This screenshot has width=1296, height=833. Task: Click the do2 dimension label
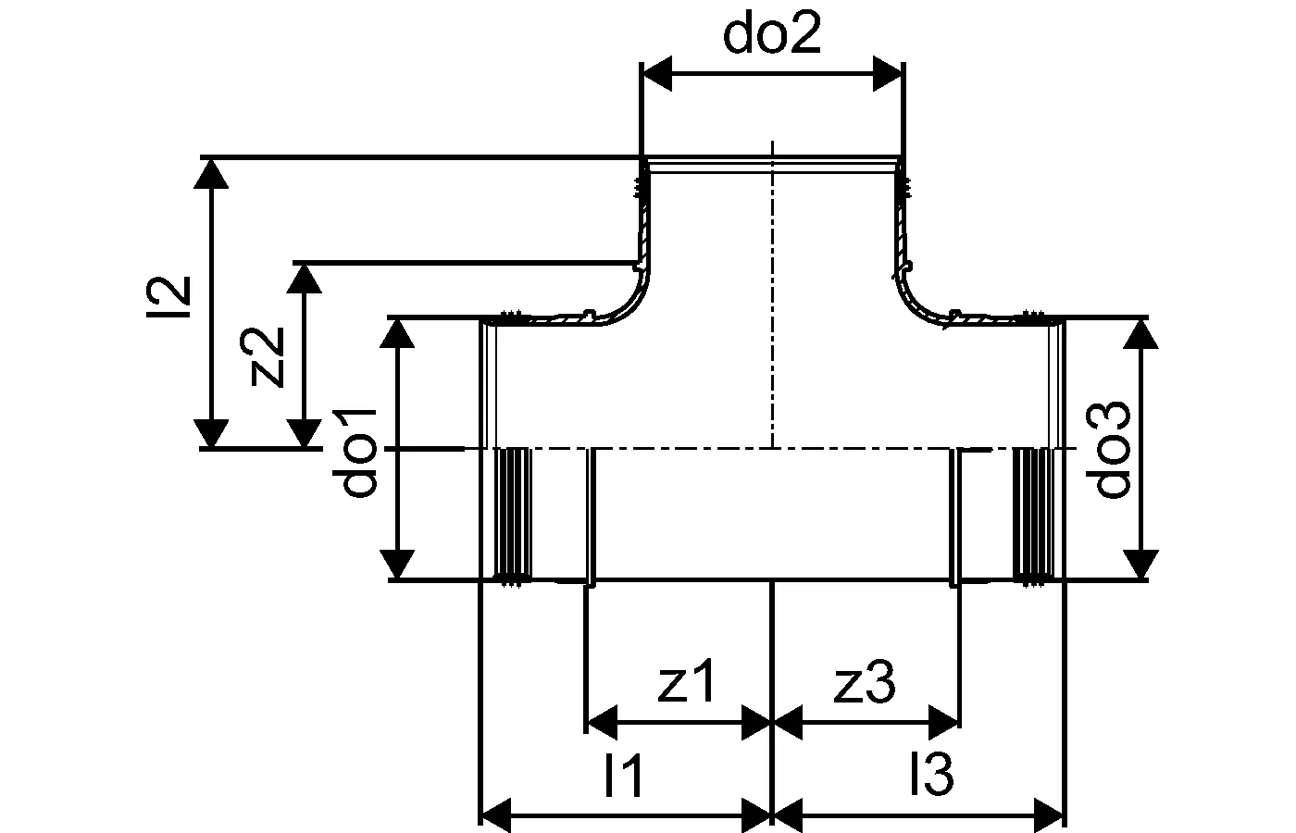click(771, 35)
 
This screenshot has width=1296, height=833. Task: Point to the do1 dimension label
click(358, 451)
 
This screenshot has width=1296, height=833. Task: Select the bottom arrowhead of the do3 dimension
click(1143, 565)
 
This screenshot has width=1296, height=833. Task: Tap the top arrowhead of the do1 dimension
click(399, 333)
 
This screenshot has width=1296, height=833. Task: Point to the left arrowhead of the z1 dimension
click(602, 720)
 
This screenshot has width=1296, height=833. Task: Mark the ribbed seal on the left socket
click(514, 514)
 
